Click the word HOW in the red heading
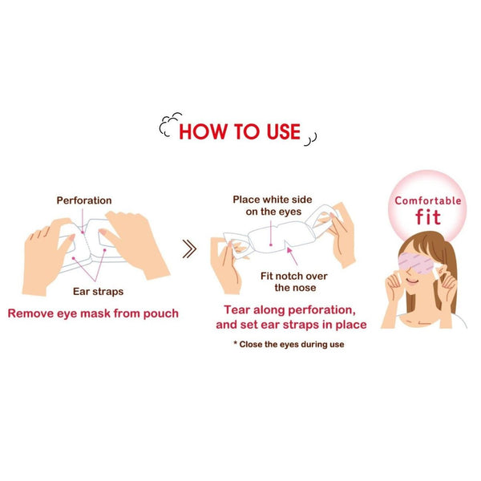(x=203, y=131)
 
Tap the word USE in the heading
(x=284, y=131)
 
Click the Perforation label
(x=84, y=200)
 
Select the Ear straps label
(x=98, y=292)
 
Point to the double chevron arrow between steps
(x=189, y=249)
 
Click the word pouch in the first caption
(x=161, y=313)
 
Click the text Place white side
(x=273, y=200)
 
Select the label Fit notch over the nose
(x=294, y=282)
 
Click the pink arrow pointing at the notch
(x=292, y=257)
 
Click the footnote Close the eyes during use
(x=292, y=344)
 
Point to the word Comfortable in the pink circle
(x=428, y=201)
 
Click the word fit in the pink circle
(x=428, y=217)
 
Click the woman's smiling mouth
(x=413, y=281)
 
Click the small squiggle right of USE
(x=310, y=139)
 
